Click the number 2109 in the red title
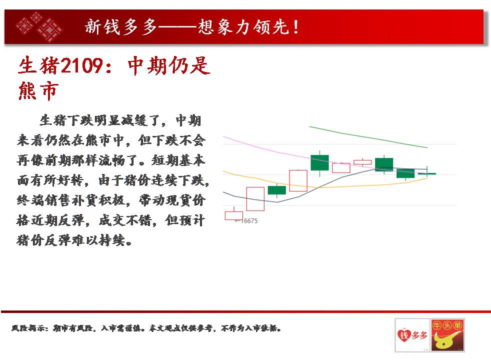pos(81,65)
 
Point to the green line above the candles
pos(368,136)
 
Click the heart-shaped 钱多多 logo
pos(412,335)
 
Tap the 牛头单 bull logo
pos(447,335)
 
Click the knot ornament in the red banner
pos(39,26)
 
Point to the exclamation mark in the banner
pos(295,27)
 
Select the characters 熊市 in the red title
pos(38,91)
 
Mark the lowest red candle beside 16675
pos(234,215)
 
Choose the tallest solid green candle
pos(319,163)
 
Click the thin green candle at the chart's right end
pos(427,173)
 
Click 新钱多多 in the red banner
pos(121,27)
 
